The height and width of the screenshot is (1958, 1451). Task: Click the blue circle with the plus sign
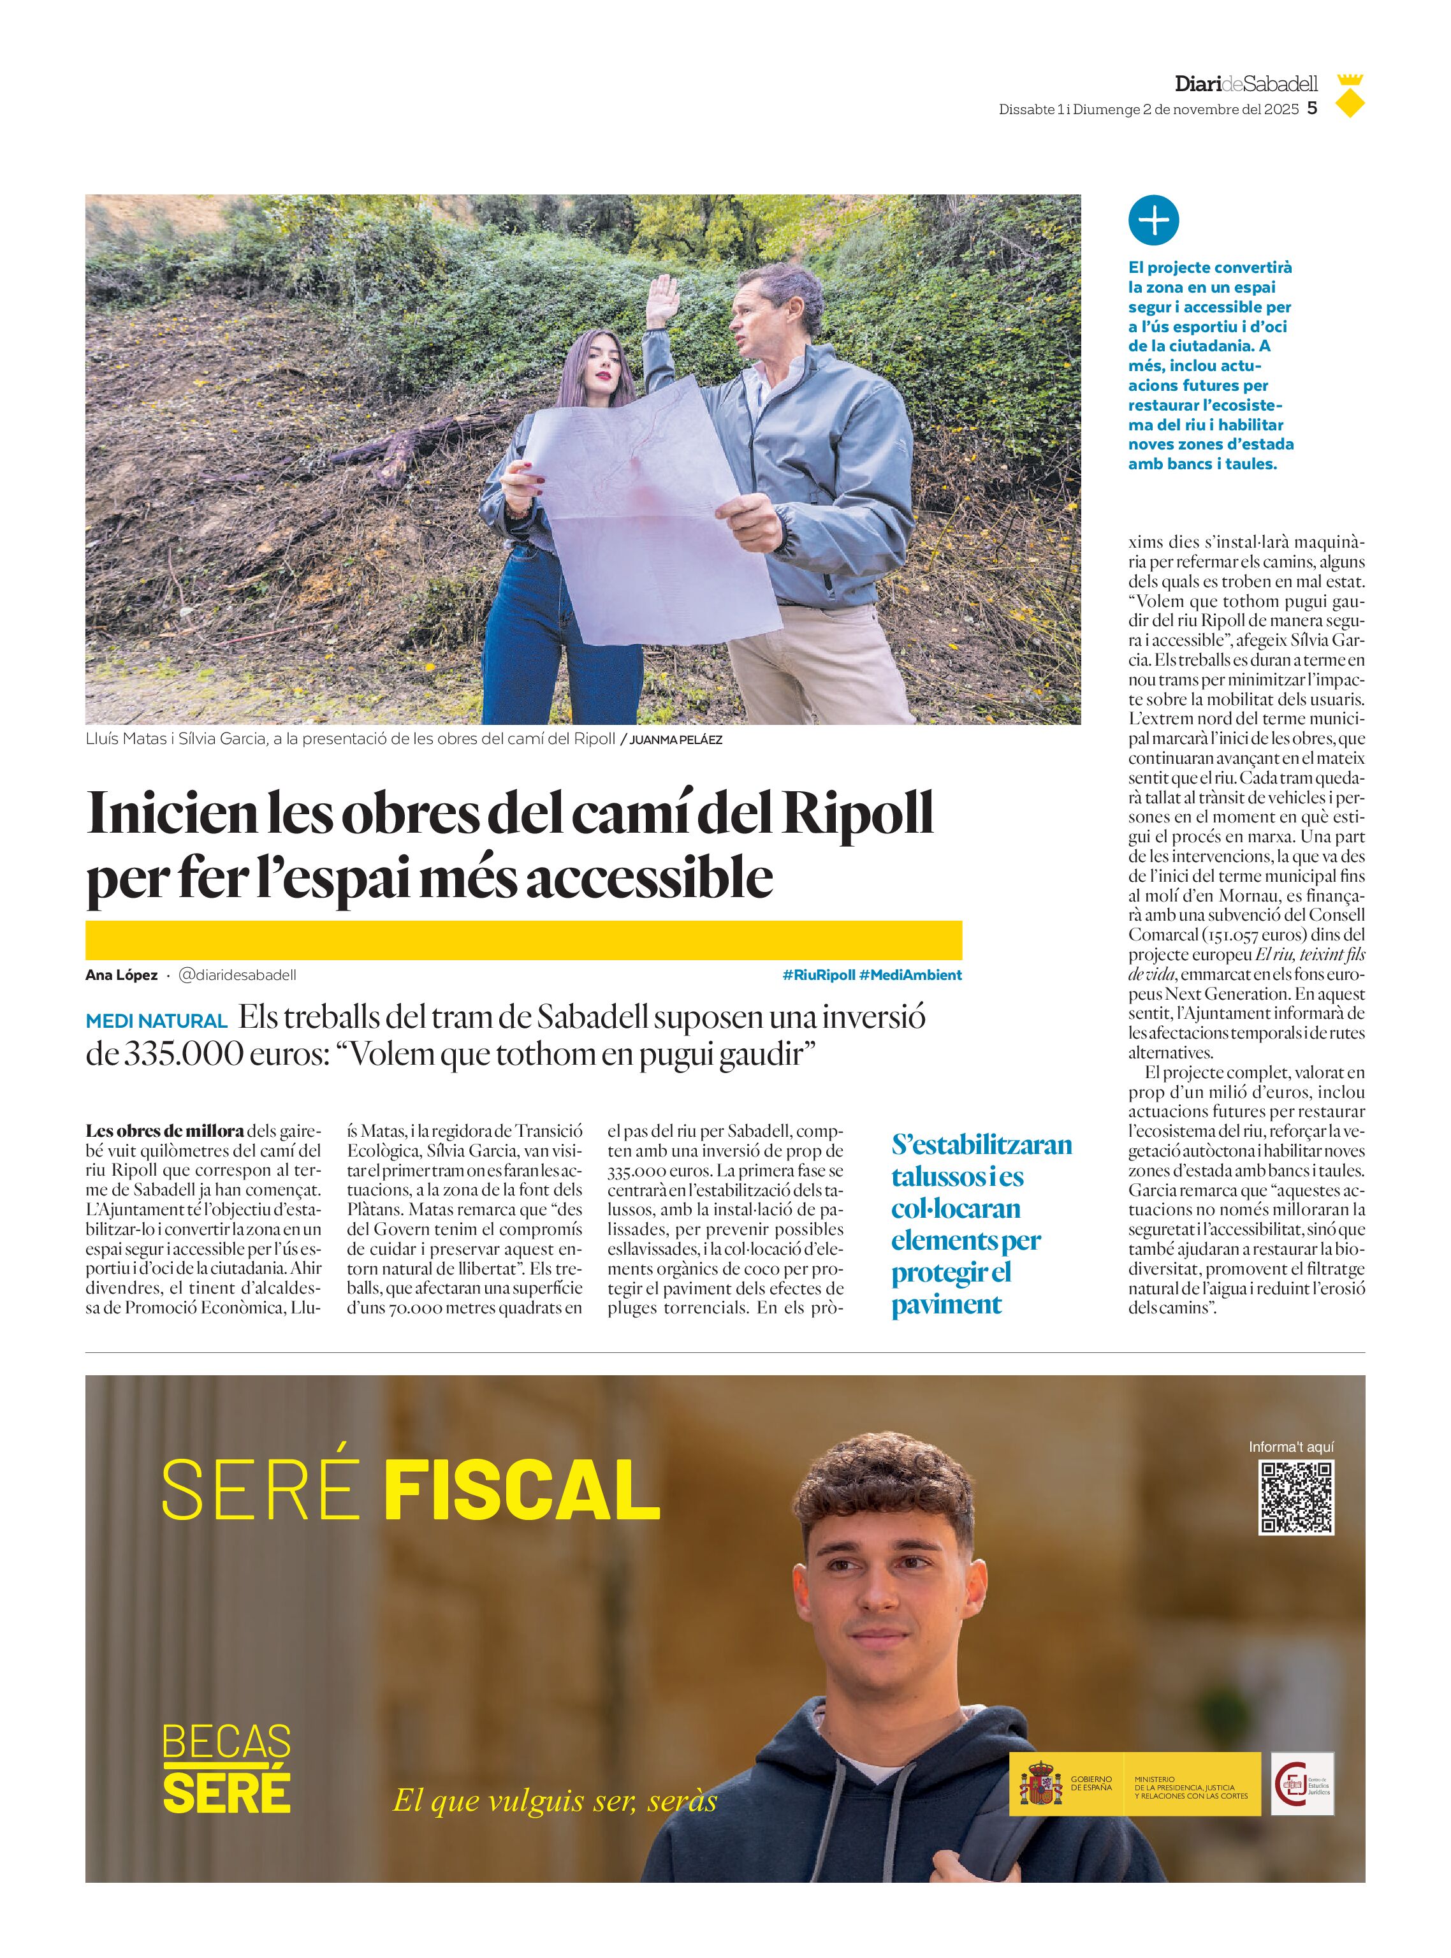pos(1153,221)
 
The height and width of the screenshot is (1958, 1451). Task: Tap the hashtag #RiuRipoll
pos(818,975)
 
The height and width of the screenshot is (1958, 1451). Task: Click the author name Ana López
pos(121,975)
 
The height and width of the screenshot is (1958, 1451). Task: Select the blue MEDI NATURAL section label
pos(156,1021)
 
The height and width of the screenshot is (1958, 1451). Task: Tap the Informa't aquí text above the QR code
pos(1290,1447)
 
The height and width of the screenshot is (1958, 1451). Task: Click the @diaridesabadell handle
pos(237,975)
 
